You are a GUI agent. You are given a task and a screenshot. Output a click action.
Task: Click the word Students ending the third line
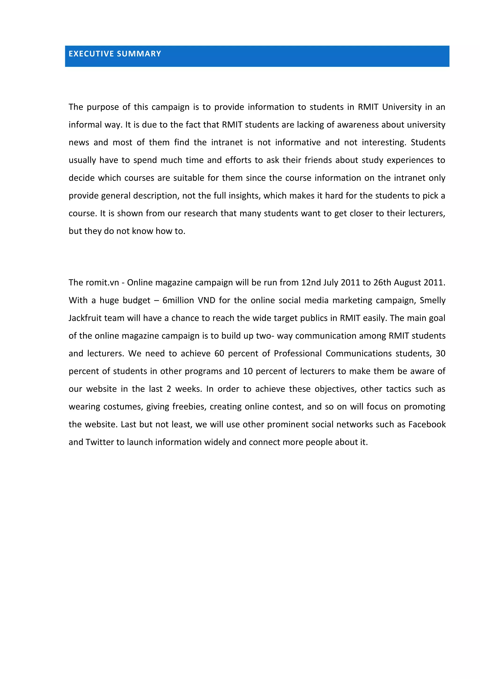[x=428, y=143]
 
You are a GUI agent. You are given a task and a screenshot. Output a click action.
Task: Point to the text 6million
[x=178, y=300]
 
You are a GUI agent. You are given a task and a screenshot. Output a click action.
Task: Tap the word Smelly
[x=432, y=300]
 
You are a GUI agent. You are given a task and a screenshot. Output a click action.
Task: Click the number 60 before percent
[x=219, y=354]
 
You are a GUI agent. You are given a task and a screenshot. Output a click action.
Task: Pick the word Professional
[x=297, y=354]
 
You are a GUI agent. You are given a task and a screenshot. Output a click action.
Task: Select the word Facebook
[x=427, y=425]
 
